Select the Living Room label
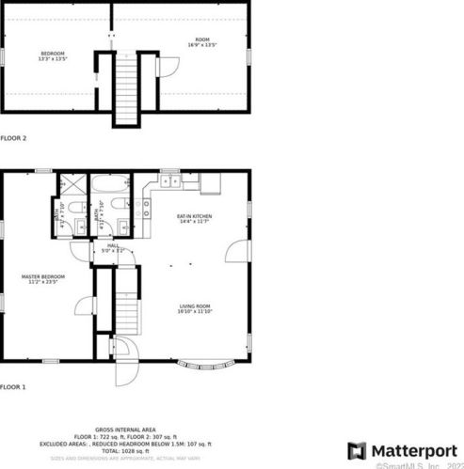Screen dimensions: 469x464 195,307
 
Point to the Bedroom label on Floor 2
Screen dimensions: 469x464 51,56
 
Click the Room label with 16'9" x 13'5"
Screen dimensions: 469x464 202,42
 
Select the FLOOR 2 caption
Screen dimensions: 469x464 14,138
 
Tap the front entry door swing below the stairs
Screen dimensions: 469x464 126,367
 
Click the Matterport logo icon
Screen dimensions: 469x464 357,449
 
